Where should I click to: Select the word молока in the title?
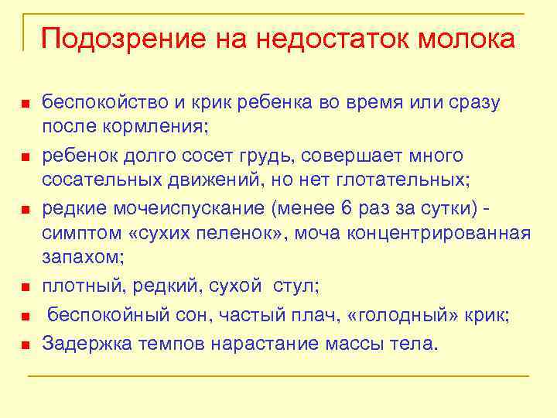point(466,39)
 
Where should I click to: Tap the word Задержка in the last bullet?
point(85,343)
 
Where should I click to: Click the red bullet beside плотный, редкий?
point(25,288)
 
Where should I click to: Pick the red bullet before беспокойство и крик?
point(25,104)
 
